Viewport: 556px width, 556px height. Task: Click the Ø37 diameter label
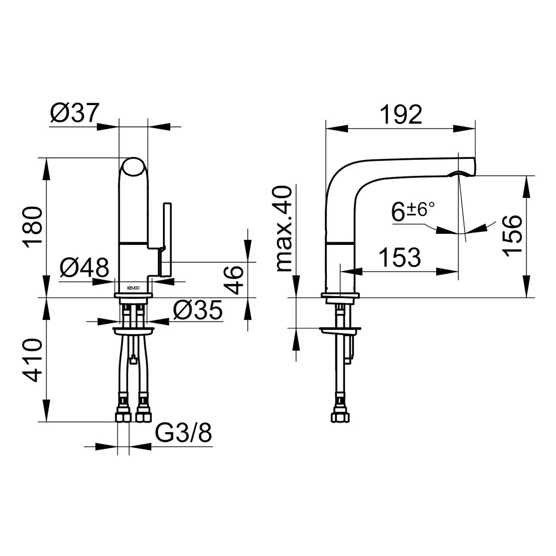pyautogui.click(x=75, y=113)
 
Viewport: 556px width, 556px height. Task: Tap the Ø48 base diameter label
pyautogui.click(x=84, y=267)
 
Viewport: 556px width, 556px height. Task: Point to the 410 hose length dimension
pyautogui.click(x=32, y=361)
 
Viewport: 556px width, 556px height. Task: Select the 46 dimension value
pyautogui.click(x=233, y=280)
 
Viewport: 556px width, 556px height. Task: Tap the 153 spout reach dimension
pyautogui.click(x=399, y=257)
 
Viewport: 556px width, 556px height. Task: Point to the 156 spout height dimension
pyautogui.click(x=512, y=236)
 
